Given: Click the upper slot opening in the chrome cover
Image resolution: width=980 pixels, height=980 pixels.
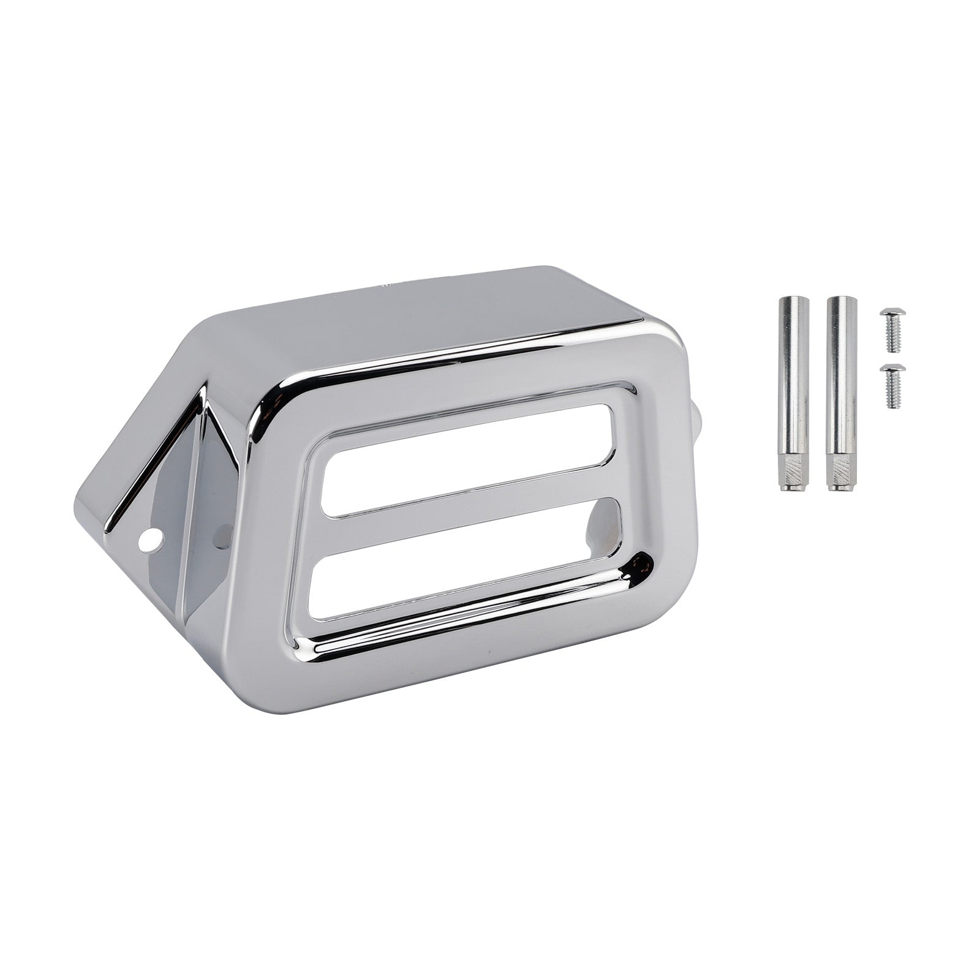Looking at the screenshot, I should pos(466,459).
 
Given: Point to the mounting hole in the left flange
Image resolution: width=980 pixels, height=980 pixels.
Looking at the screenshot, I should pos(150,541).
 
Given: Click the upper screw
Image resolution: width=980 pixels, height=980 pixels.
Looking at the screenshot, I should pos(892,330).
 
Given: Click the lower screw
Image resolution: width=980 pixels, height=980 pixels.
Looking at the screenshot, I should pos(892,386).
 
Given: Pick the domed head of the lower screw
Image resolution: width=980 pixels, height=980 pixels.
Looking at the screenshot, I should pos(892,370).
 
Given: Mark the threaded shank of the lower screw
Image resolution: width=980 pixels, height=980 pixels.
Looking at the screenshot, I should pos(893,394).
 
